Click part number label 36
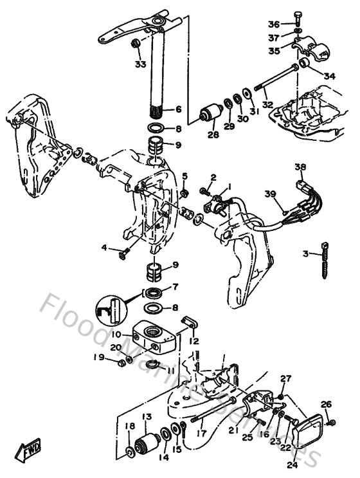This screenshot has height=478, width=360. (x=273, y=24)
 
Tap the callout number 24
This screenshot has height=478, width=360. (x=292, y=464)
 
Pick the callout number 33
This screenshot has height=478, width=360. (x=140, y=64)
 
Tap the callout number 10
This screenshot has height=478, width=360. (x=116, y=334)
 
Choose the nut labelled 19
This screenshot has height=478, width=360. (x=120, y=364)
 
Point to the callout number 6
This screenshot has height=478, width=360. (x=178, y=109)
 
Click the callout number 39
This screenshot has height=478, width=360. (x=271, y=194)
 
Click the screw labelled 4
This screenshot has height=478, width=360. (x=125, y=252)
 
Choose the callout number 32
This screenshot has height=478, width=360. (x=267, y=102)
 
